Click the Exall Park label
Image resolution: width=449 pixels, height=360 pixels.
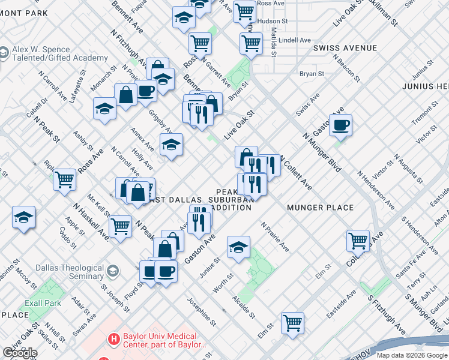tap(44, 303)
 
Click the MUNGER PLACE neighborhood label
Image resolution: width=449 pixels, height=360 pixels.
tap(319, 208)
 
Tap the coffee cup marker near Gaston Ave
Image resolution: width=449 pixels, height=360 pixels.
tap(340, 125)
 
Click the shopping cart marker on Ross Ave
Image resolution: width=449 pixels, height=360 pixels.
tap(64, 179)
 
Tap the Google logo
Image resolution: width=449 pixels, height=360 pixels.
tap(20, 353)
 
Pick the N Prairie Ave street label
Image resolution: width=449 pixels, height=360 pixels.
tap(275, 236)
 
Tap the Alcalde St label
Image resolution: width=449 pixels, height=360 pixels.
tap(244, 306)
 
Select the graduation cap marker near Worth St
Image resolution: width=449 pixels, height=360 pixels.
tap(238, 247)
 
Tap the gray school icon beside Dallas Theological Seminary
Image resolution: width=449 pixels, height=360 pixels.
tap(112, 272)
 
